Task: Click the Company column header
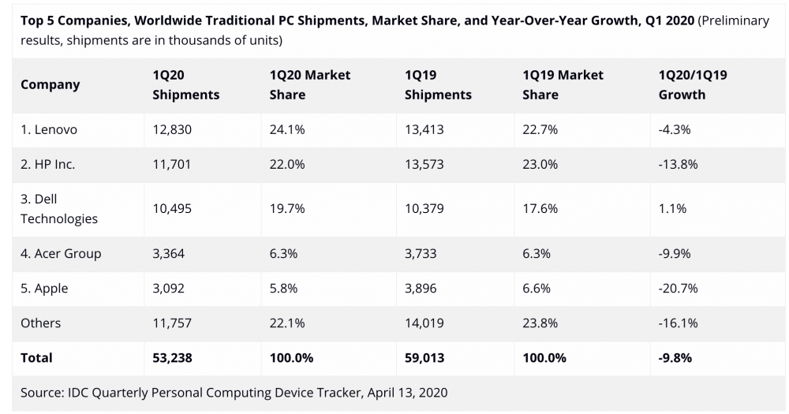point(50,84)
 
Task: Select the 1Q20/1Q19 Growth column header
point(692,84)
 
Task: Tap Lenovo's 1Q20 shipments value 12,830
point(172,129)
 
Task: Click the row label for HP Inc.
point(48,164)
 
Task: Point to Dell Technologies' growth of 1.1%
point(672,208)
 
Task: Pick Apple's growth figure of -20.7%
point(678,288)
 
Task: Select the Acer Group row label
point(61,253)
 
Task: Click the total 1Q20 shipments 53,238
point(172,357)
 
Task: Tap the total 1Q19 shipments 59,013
point(424,357)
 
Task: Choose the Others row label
point(40,323)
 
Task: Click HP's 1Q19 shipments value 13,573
point(424,164)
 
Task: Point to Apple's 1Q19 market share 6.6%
point(537,288)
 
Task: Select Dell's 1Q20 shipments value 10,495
point(172,208)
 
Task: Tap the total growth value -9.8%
point(675,357)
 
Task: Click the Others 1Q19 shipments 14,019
point(424,323)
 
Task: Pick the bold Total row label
point(36,357)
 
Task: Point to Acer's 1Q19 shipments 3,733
point(421,253)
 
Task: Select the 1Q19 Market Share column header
point(563,84)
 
